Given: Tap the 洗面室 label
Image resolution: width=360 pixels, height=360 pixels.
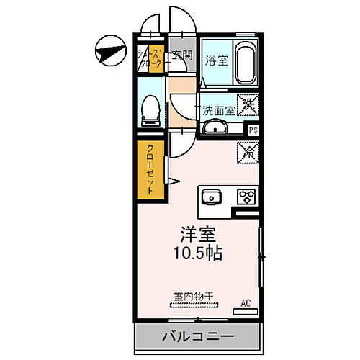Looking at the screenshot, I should coord(218,111).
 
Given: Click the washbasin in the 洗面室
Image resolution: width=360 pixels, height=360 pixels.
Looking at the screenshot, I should coord(214,129).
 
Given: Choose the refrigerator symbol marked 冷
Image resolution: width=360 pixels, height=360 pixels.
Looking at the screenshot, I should coord(247,153).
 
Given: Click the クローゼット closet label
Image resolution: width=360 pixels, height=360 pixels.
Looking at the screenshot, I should coord(150,171).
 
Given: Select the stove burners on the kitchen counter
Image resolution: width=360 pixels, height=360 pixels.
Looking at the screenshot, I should coord(247,197).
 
